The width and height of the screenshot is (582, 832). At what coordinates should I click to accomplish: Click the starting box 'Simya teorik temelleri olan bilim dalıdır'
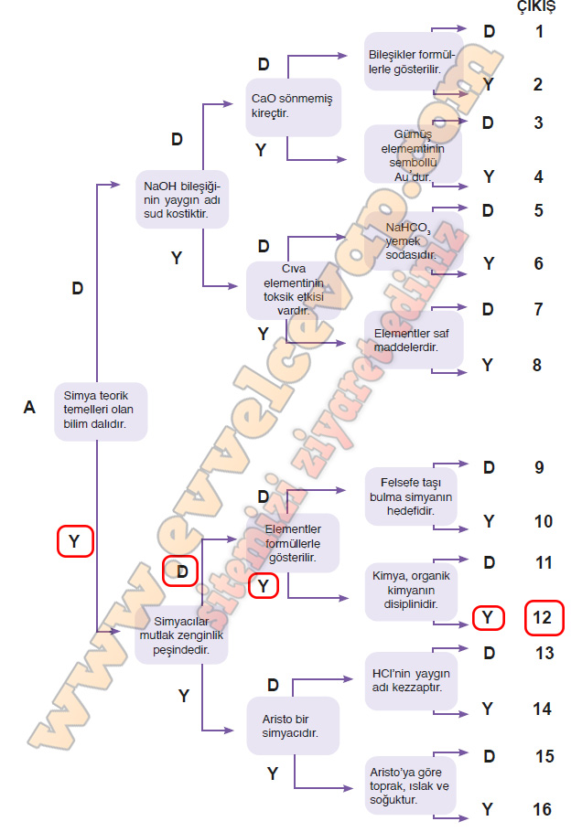pyautogui.click(x=101, y=411)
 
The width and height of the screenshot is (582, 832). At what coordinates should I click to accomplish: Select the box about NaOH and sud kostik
pyautogui.click(x=181, y=200)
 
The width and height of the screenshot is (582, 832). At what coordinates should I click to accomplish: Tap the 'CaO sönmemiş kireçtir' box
pyautogui.click(x=294, y=106)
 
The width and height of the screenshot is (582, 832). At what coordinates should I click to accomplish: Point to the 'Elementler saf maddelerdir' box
pyautogui.click(x=414, y=340)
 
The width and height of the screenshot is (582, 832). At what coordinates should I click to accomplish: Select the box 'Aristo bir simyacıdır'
pyautogui.click(x=292, y=725)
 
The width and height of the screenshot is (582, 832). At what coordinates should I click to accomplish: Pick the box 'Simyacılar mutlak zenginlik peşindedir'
pyautogui.click(x=181, y=636)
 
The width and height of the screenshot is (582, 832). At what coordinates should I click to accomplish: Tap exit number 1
pyautogui.click(x=539, y=32)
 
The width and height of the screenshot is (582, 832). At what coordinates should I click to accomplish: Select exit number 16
pyautogui.click(x=542, y=810)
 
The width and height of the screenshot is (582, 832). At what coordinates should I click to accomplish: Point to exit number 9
pyautogui.click(x=539, y=468)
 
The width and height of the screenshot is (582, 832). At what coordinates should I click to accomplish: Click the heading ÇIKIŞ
pyautogui.click(x=536, y=7)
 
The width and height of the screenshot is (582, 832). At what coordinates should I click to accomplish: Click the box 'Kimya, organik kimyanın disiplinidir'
pyautogui.click(x=412, y=591)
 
